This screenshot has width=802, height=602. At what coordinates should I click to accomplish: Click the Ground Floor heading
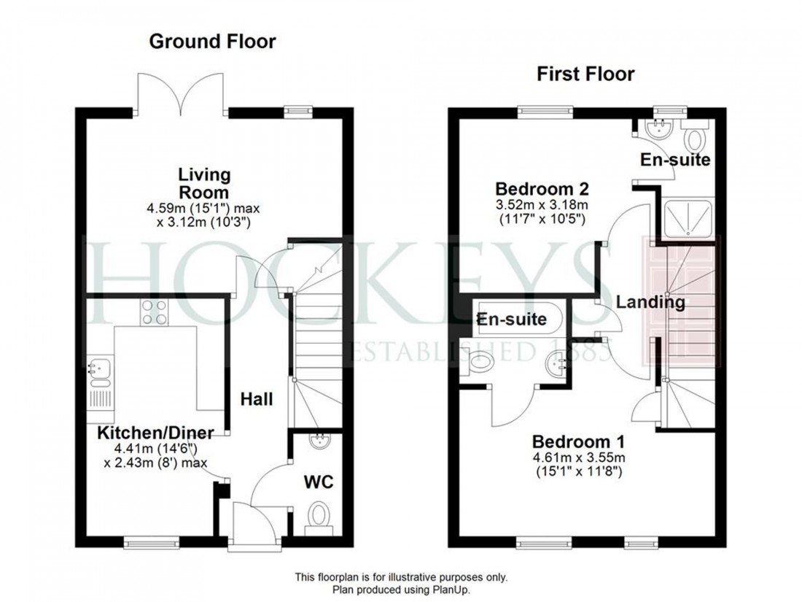click(x=212, y=42)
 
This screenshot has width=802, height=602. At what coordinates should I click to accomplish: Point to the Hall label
click(x=257, y=399)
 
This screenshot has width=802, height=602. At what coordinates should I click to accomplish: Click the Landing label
click(x=650, y=301)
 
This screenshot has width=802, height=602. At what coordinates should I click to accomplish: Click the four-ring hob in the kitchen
click(x=153, y=312)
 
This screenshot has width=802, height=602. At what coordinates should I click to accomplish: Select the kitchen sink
click(x=98, y=371)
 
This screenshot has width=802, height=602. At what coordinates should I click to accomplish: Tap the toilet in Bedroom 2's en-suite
click(x=695, y=136)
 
